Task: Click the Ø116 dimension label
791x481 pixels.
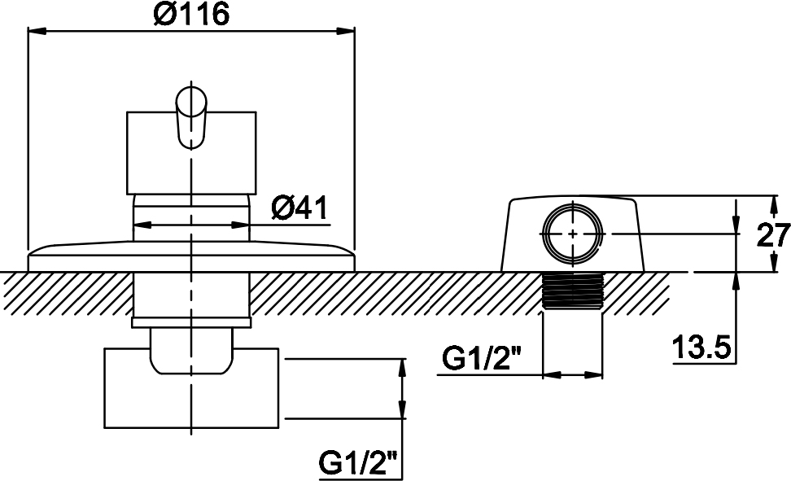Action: (x=191, y=14)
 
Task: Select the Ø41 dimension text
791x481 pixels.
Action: (x=299, y=208)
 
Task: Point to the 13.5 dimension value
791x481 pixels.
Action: (x=701, y=348)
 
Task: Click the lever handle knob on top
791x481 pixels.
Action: (x=190, y=117)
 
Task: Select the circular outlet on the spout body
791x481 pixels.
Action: (x=573, y=234)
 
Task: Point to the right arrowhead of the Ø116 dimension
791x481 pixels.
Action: (x=345, y=31)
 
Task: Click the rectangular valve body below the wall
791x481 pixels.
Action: (x=192, y=387)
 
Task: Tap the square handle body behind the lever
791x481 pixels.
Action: (x=190, y=153)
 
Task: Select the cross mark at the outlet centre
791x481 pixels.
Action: (x=573, y=234)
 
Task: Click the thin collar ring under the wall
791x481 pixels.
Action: (x=190, y=323)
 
